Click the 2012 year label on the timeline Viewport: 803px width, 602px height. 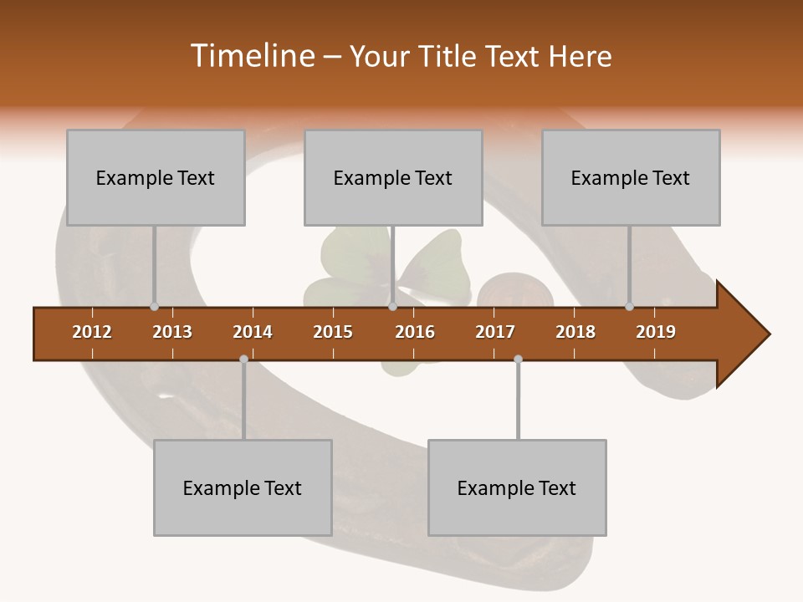point(92,332)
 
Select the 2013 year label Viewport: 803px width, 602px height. point(172,332)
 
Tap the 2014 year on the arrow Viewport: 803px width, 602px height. point(253,332)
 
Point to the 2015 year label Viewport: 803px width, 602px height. point(333,332)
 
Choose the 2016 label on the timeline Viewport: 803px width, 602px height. point(415,332)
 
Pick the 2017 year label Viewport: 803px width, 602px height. point(495,332)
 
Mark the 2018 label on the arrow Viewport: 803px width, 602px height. point(575,332)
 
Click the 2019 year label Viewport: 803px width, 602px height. point(656,332)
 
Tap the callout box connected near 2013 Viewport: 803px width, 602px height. point(156,177)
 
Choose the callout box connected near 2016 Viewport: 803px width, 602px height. point(393,177)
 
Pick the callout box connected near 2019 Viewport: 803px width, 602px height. point(631,177)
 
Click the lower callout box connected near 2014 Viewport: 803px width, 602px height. point(243,487)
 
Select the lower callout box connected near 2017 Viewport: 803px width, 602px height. point(517,487)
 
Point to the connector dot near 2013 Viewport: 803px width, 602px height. point(154,306)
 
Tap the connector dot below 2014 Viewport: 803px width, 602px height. point(243,359)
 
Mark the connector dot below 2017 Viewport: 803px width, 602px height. point(518,359)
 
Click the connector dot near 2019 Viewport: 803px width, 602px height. point(629,306)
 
